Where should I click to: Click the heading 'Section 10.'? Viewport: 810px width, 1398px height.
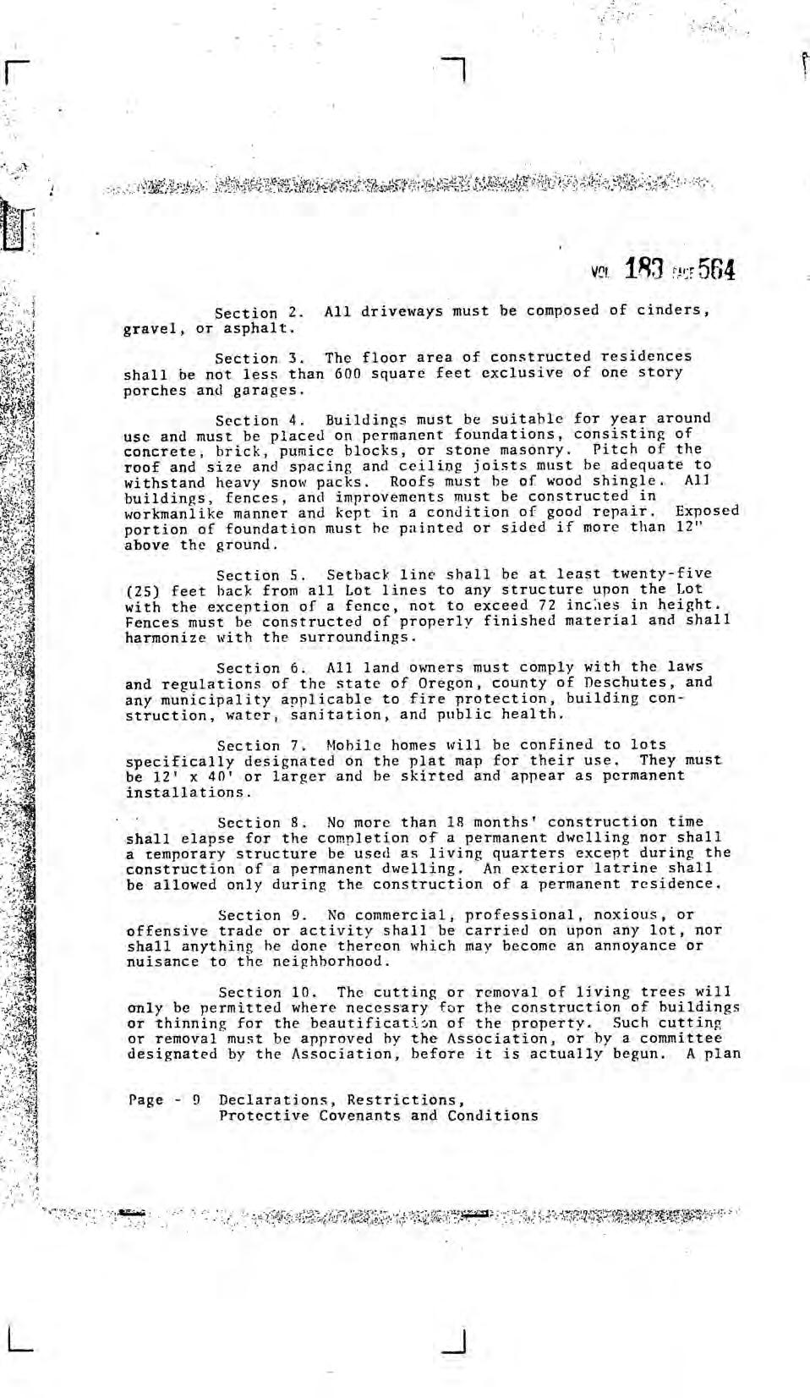pyautogui.click(x=268, y=992)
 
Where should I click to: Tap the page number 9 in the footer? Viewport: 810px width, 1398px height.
pyautogui.click(x=195, y=1100)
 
